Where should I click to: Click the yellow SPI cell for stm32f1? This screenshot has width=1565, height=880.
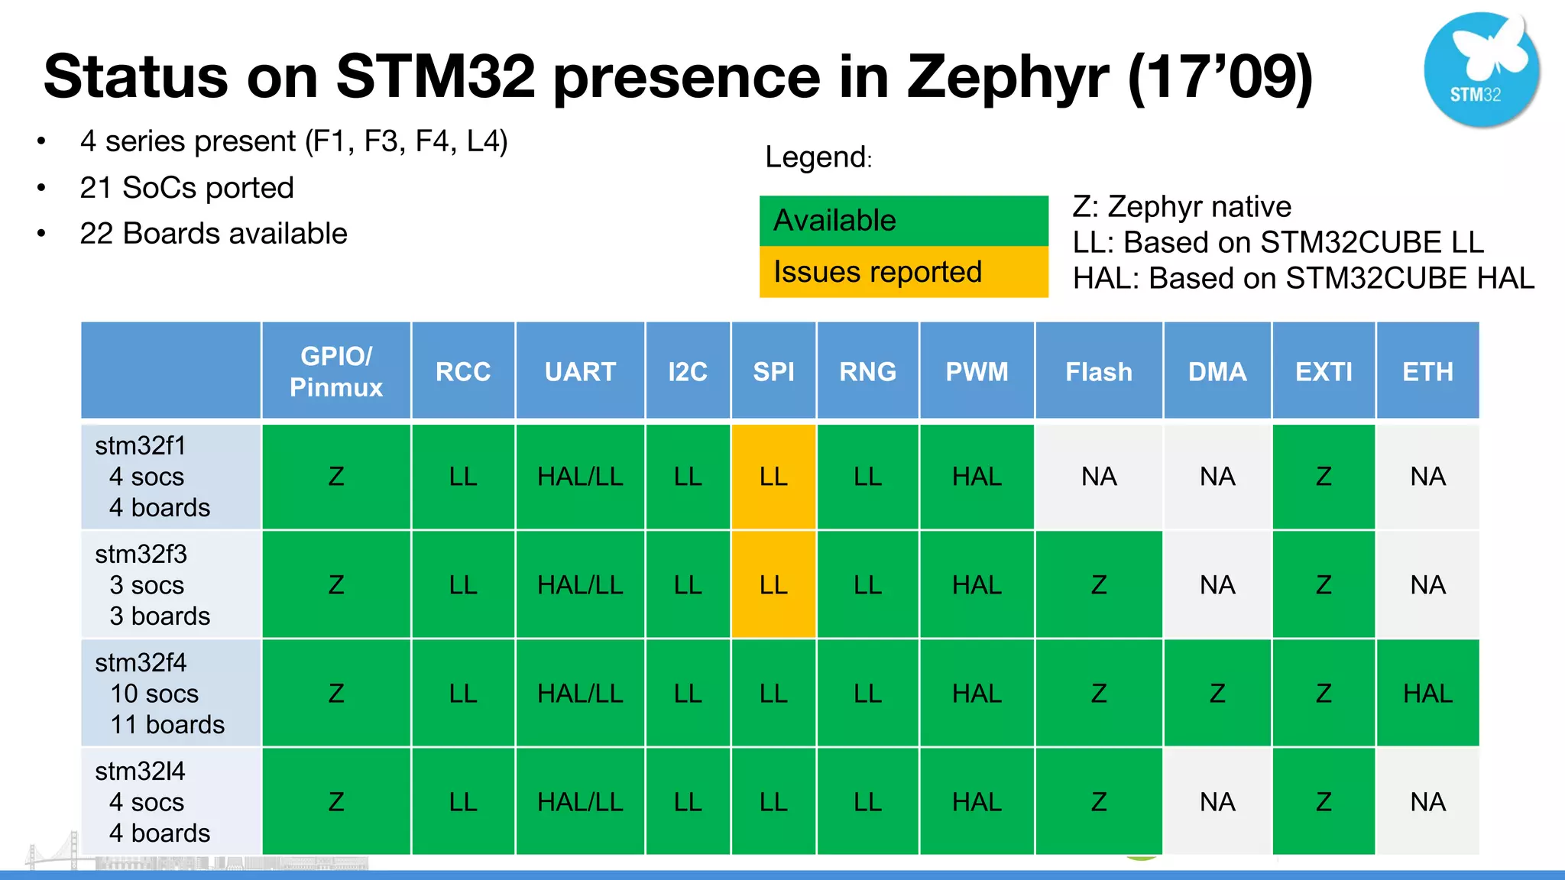coord(773,477)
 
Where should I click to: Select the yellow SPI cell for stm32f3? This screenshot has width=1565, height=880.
coord(773,585)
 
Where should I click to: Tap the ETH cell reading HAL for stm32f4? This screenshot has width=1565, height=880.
coord(1427,694)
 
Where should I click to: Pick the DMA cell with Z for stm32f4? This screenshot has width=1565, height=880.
coord(1217,694)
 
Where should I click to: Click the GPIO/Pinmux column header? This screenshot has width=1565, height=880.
coord(336,371)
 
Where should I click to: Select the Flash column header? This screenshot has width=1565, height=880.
coord(1099,371)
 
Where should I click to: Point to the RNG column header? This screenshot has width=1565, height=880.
coord(867,371)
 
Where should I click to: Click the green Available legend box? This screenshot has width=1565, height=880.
coord(903,221)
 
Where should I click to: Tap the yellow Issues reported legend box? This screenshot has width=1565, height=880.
coord(903,272)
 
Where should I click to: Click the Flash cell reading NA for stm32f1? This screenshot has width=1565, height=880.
coord(1099,477)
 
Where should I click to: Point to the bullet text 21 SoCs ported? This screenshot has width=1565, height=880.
coord(186,188)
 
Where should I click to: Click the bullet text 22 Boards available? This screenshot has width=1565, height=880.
coord(213,234)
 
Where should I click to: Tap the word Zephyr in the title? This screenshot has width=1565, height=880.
coord(1007,76)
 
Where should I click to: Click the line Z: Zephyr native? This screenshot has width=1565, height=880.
coord(1181,207)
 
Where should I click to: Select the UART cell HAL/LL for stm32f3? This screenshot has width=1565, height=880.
coord(580,585)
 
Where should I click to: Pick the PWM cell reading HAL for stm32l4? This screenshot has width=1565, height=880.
coord(977,802)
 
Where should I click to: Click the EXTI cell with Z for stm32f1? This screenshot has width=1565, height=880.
coord(1324,477)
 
